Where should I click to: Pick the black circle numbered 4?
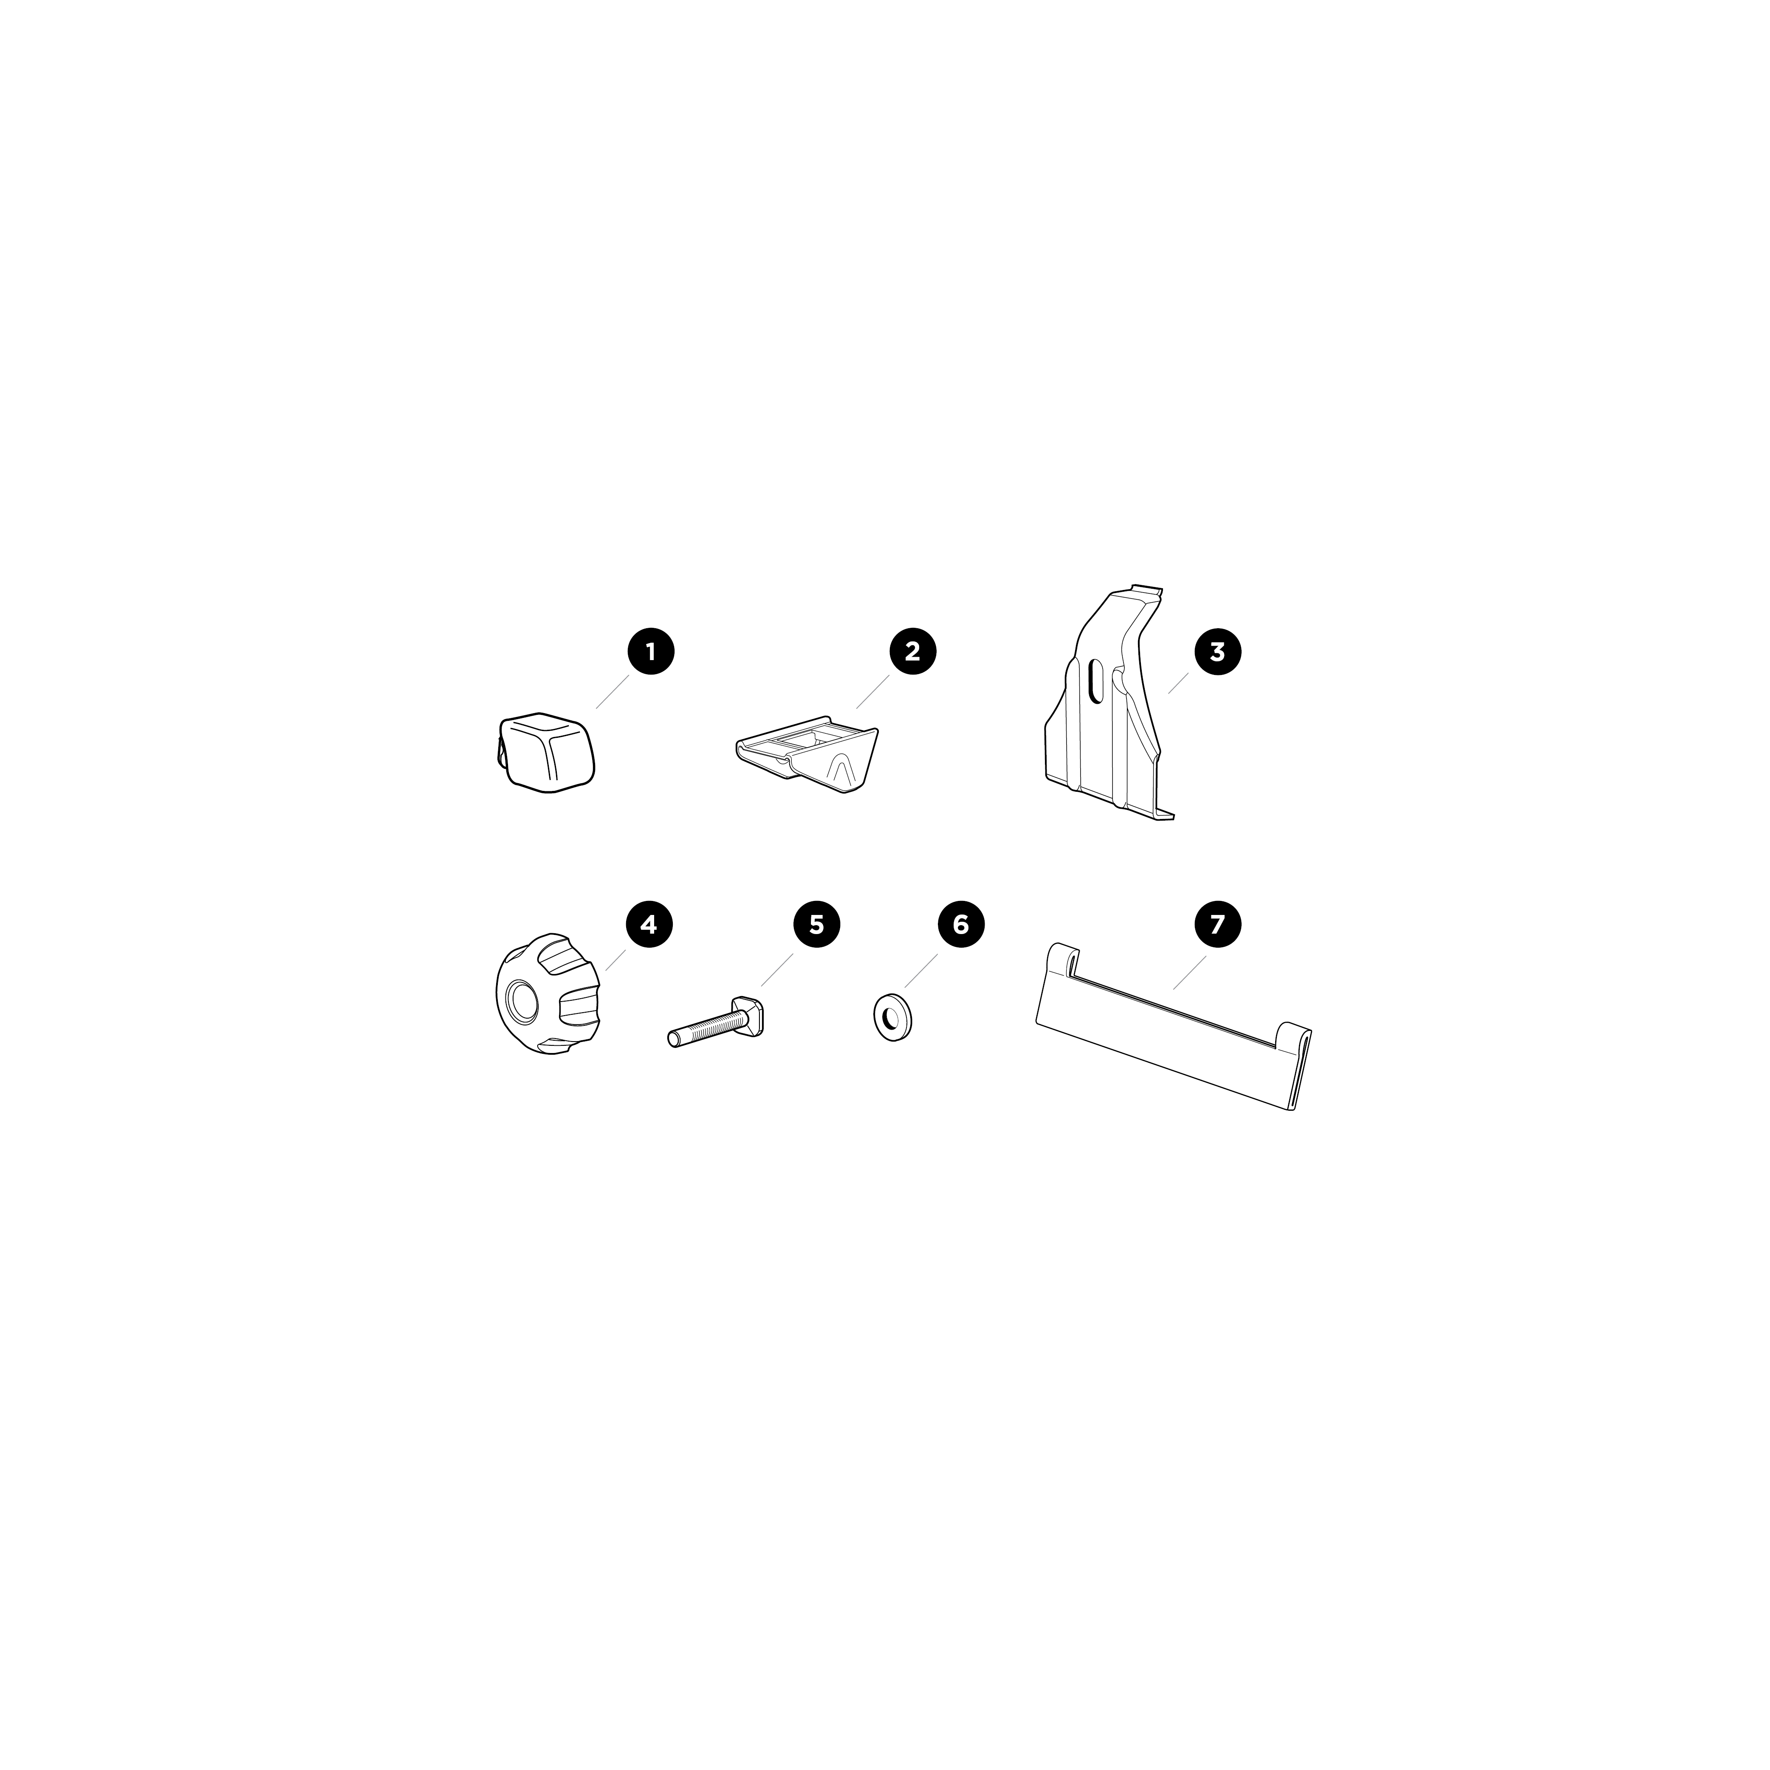click(649, 924)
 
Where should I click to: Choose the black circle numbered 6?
click(960, 924)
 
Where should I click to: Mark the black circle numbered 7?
click(1217, 924)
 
